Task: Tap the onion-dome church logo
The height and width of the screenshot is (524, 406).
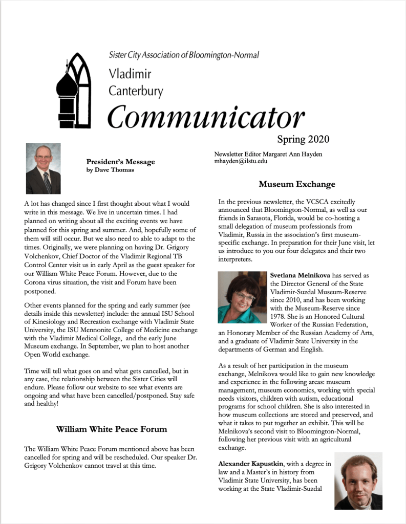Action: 73,90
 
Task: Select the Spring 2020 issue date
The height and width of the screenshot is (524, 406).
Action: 303,139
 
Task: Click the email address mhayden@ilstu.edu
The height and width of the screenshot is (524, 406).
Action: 241,161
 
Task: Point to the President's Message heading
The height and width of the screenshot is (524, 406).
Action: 120,162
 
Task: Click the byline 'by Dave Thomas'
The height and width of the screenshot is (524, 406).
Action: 110,170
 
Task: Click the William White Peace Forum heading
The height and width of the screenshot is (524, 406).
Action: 111,429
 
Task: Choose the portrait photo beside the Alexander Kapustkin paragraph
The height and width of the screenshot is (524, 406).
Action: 358,481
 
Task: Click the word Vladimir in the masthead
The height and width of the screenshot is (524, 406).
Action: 130,74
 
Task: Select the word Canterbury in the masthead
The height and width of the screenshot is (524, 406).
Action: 136,92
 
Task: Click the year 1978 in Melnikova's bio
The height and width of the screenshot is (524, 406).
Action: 279,316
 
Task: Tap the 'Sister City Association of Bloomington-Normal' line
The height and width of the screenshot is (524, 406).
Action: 184,55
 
